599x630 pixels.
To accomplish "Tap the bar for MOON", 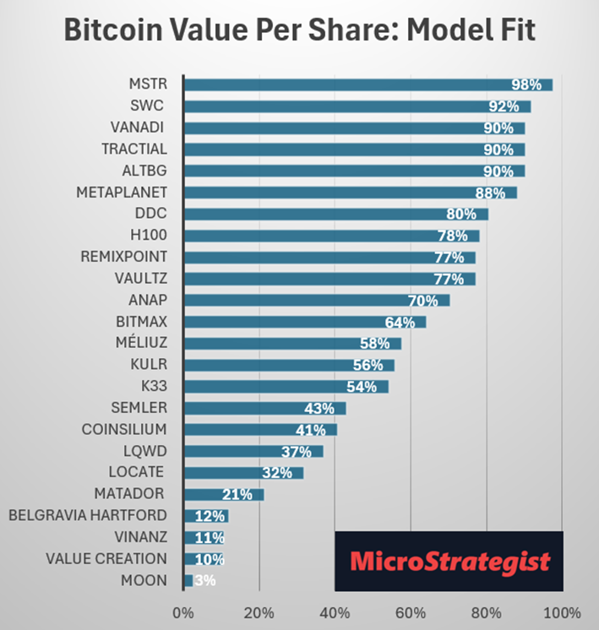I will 187,580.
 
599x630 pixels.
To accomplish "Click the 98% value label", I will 525,85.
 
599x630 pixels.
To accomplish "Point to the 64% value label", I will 400,322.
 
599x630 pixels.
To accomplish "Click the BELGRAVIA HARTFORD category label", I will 87,515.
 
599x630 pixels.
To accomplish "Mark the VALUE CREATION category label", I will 106,558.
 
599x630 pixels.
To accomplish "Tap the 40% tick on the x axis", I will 335,612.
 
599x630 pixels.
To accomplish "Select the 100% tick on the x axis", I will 563,612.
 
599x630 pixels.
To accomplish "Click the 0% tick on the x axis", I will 183,612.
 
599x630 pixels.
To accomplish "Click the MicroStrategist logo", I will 449,561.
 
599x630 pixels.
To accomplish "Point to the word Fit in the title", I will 514,31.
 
